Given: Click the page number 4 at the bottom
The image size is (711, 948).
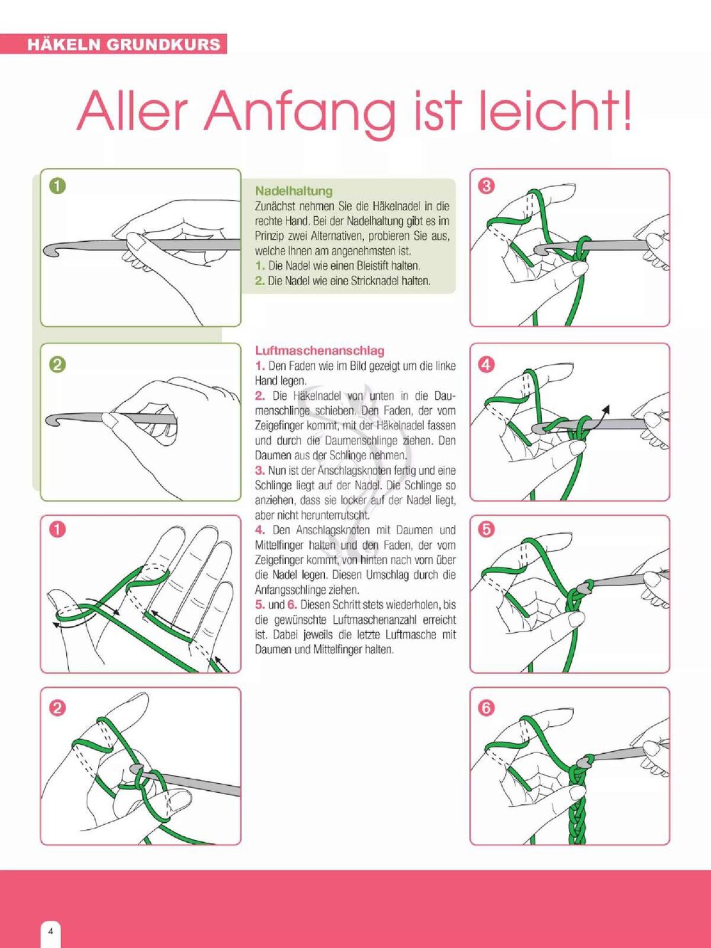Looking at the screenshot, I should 50,931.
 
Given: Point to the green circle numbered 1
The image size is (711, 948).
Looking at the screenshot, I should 58,186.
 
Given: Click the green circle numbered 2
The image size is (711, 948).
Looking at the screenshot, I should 58,365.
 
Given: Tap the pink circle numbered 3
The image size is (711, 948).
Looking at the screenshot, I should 486,186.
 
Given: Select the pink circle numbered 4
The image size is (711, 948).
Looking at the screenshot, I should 486,365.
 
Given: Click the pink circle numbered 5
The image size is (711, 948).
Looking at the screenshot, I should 486,530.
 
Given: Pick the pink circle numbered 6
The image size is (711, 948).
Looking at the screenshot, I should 486,708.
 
